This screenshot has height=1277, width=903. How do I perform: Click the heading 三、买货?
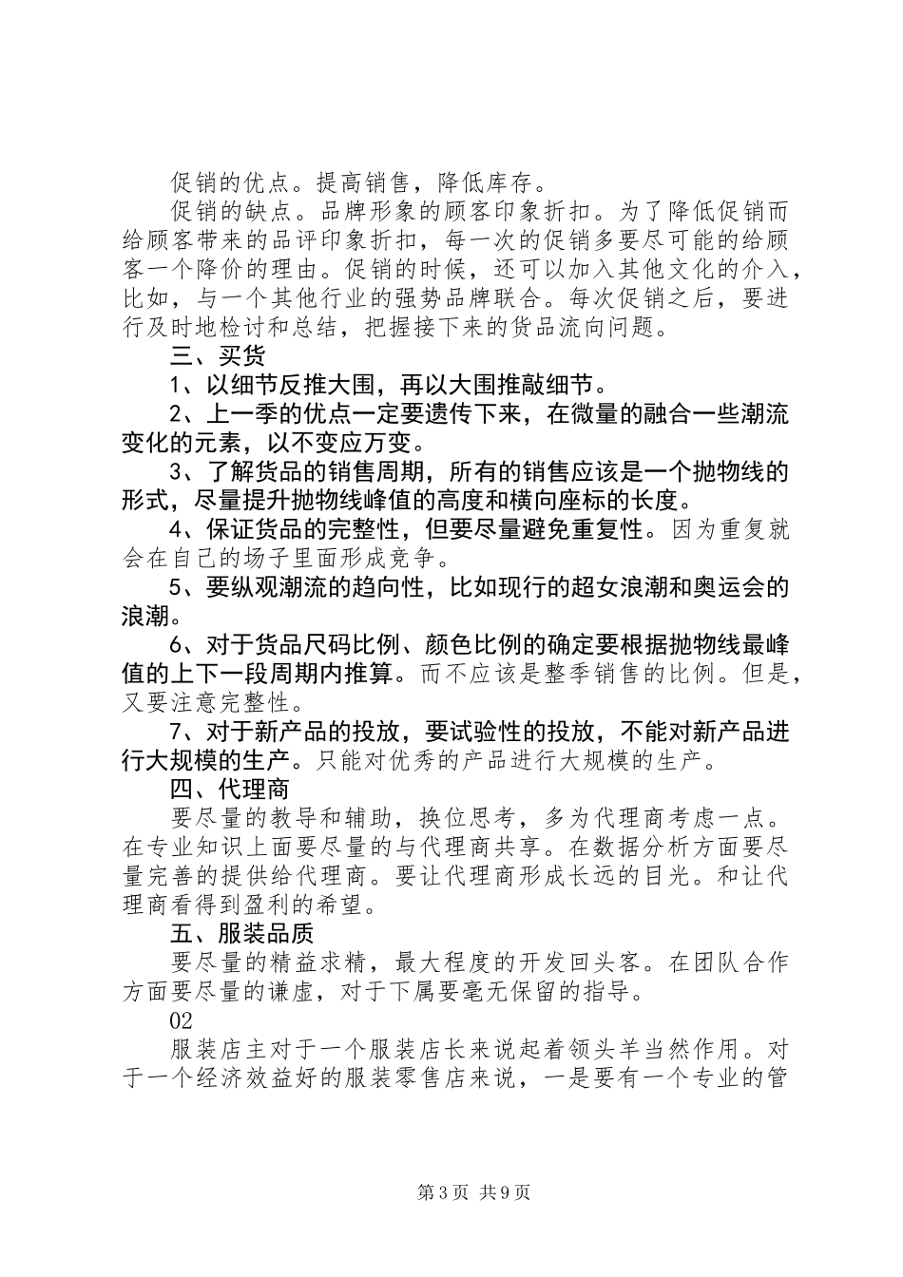click(218, 356)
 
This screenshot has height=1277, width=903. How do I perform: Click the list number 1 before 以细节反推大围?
click(175, 385)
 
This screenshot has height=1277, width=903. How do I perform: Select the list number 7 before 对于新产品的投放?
click(175, 733)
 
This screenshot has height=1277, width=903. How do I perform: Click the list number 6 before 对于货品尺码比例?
click(175, 646)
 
